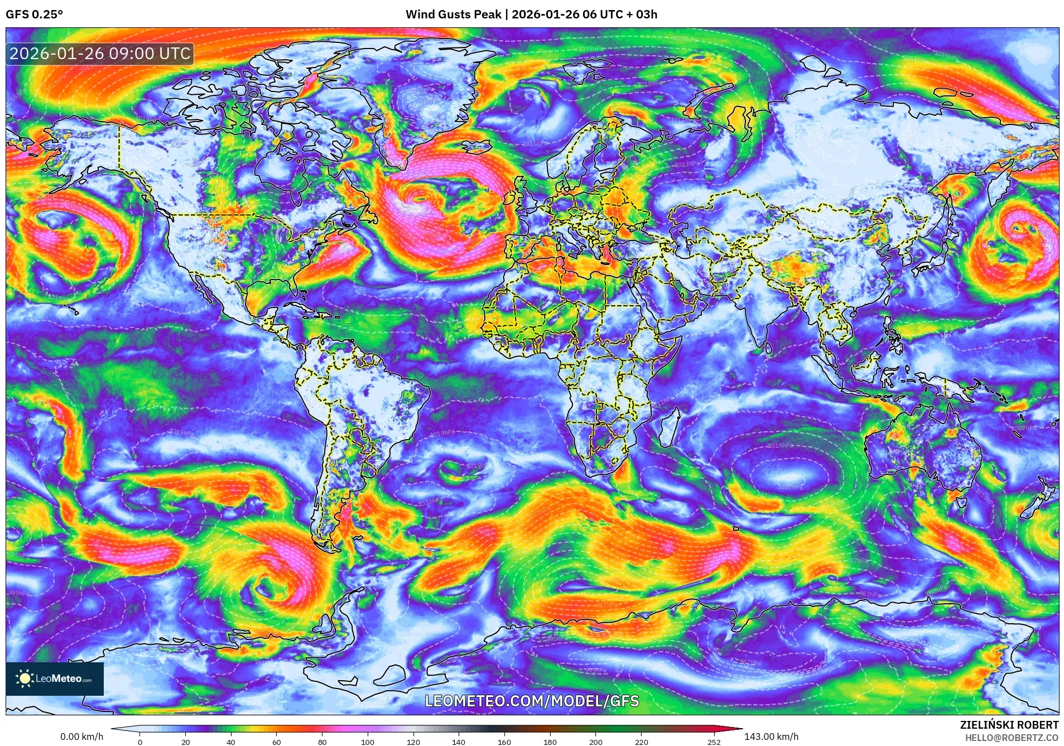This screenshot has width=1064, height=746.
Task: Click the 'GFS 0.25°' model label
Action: pyautogui.click(x=34, y=15)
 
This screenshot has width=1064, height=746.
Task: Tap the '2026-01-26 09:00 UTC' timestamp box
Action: pyautogui.click(x=100, y=54)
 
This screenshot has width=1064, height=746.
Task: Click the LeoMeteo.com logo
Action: pyautogui.click(x=55, y=678)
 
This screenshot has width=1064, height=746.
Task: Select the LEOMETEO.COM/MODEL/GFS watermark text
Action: pyautogui.click(x=532, y=701)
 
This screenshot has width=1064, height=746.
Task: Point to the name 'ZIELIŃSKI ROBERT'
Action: pyautogui.click(x=1009, y=725)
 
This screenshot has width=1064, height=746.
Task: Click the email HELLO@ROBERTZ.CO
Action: pyautogui.click(x=1012, y=738)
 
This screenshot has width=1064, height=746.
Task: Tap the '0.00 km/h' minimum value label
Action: pyautogui.click(x=82, y=737)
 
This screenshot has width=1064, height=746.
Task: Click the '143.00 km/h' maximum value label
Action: pyautogui.click(x=771, y=737)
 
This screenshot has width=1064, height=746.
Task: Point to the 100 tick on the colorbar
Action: pyautogui.click(x=367, y=742)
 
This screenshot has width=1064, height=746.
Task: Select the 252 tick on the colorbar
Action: pyautogui.click(x=714, y=742)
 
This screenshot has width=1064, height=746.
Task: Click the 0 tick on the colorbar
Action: pyautogui.click(x=140, y=742)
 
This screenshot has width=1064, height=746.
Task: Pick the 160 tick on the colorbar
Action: pyautogui.click(x=504, y=742)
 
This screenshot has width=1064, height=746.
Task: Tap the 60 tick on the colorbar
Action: pyautogui.click(x=276, y=742)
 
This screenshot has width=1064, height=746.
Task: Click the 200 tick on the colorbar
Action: pyautogui.click(x=595, y=742)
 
